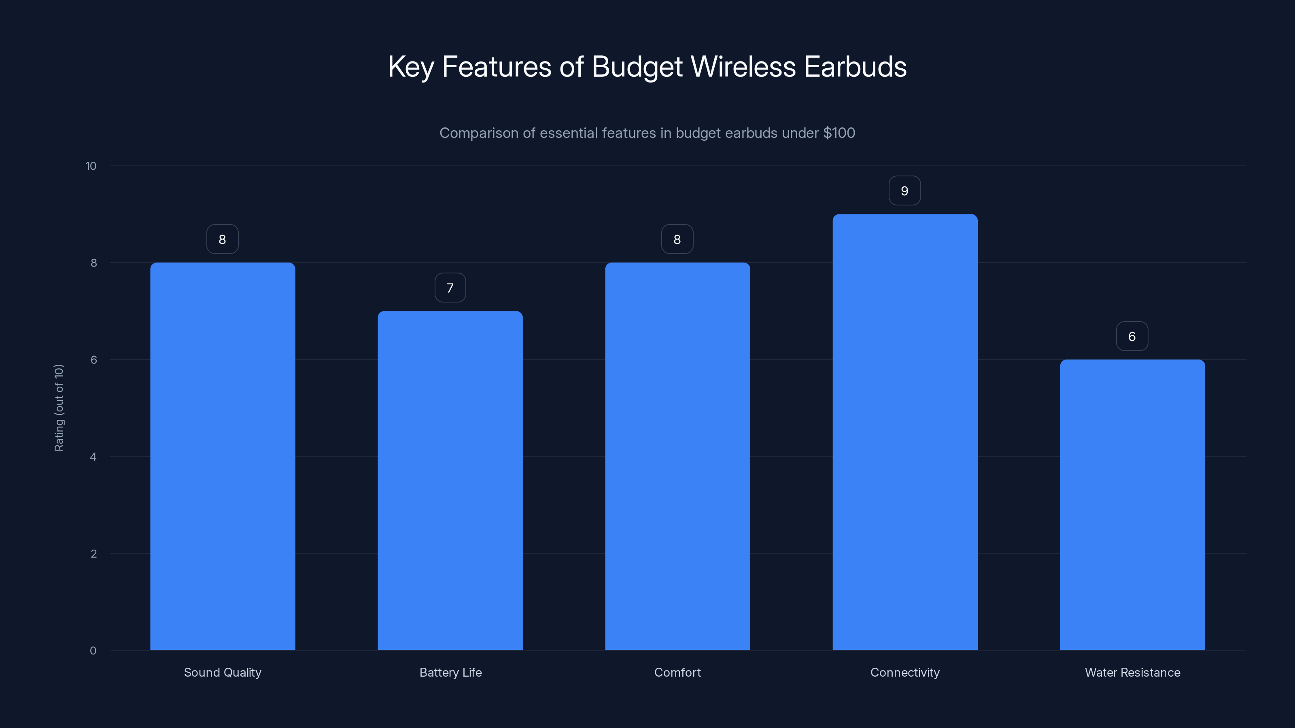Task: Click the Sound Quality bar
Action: (223, 456)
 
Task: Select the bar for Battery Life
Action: (450, 480)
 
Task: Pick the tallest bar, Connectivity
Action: (905, 432)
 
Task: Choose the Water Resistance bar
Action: (1132, 504)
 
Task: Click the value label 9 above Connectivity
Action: (904, 191)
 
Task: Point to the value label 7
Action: (450, 288)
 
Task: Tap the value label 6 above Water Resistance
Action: (1132, 336)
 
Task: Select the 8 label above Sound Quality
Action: (222, 240)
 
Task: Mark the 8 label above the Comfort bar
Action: (677, 240)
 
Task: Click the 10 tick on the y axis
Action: (91, 166)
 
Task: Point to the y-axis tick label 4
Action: (93, 457)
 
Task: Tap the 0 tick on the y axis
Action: (93, 651)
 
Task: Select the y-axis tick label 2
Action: (93, 554)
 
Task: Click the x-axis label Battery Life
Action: (450, 672)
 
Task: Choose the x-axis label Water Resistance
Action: (1132, 672)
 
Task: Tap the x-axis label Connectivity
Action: (905, 672)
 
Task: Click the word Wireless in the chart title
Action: (743, 67)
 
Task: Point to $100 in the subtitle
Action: (839, 133)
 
